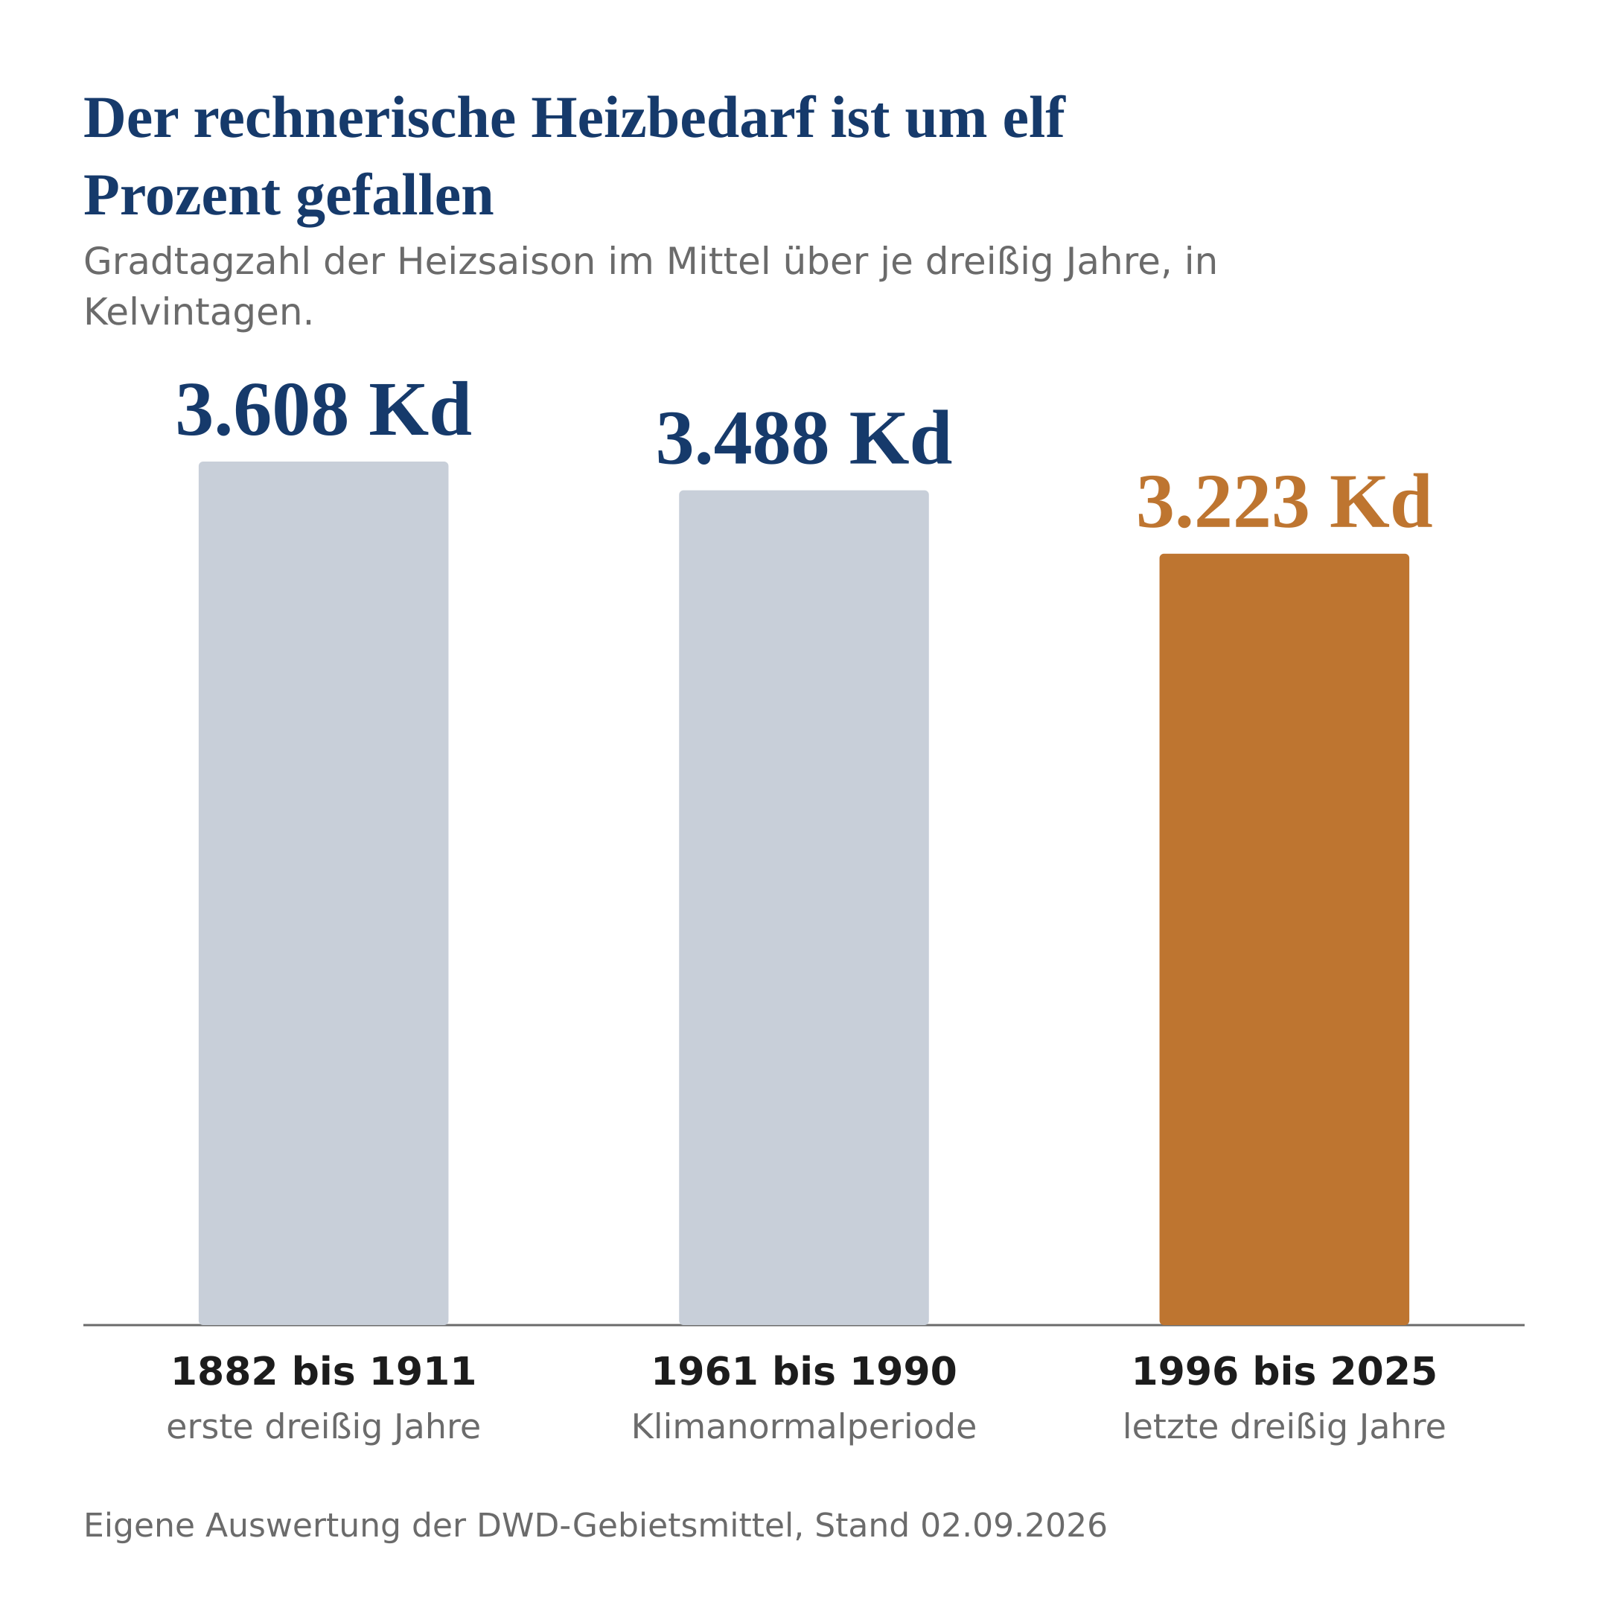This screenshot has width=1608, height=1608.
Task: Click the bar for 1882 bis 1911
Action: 323,893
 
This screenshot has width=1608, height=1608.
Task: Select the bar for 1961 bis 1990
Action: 804,907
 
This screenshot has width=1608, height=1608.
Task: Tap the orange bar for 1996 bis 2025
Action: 1284,939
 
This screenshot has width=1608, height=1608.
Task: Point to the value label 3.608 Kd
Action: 323,411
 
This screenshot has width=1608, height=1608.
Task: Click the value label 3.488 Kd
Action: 804,439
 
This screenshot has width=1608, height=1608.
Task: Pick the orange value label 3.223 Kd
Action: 1284,502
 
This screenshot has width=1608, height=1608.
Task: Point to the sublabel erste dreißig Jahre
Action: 323,1427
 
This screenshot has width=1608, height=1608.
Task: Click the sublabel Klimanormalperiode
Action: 804,1427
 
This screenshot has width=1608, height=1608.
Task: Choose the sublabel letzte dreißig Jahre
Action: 1284,1427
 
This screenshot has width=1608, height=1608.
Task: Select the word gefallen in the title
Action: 395,198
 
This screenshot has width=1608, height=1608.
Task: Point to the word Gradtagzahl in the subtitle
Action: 197,263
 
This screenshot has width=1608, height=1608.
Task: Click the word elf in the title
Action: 1034,118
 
